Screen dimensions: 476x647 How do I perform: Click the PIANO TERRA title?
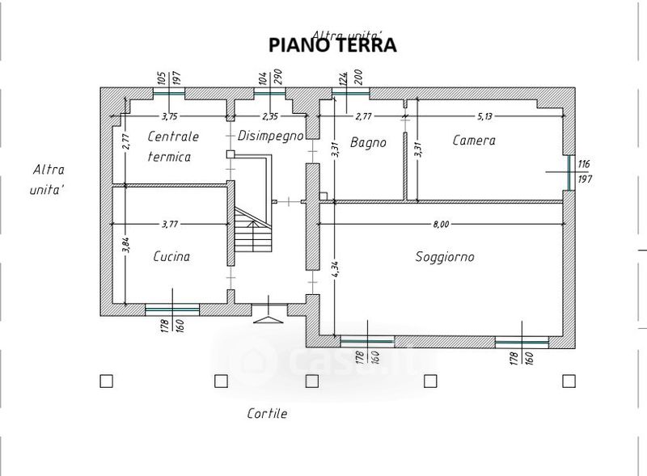click(x=332, y=45)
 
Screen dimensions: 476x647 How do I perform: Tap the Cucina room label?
click(x=171, y=256)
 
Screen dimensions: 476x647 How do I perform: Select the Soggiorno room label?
click(x=445, y=257)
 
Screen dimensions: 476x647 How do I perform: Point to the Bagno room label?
click(x=368, y=142)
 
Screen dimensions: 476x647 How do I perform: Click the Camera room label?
click(x=474, y=141)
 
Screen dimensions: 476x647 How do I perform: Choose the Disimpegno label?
click(x=270, y=136)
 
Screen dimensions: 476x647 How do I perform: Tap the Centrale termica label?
click(x=171, y=146)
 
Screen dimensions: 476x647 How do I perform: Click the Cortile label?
click(x=267, y=414)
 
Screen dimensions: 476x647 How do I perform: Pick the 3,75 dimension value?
click(x=170, y=116)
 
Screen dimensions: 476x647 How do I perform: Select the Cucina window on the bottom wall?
click(x=171, y=309)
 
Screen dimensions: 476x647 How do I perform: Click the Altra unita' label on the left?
click(x=49, y=179)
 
